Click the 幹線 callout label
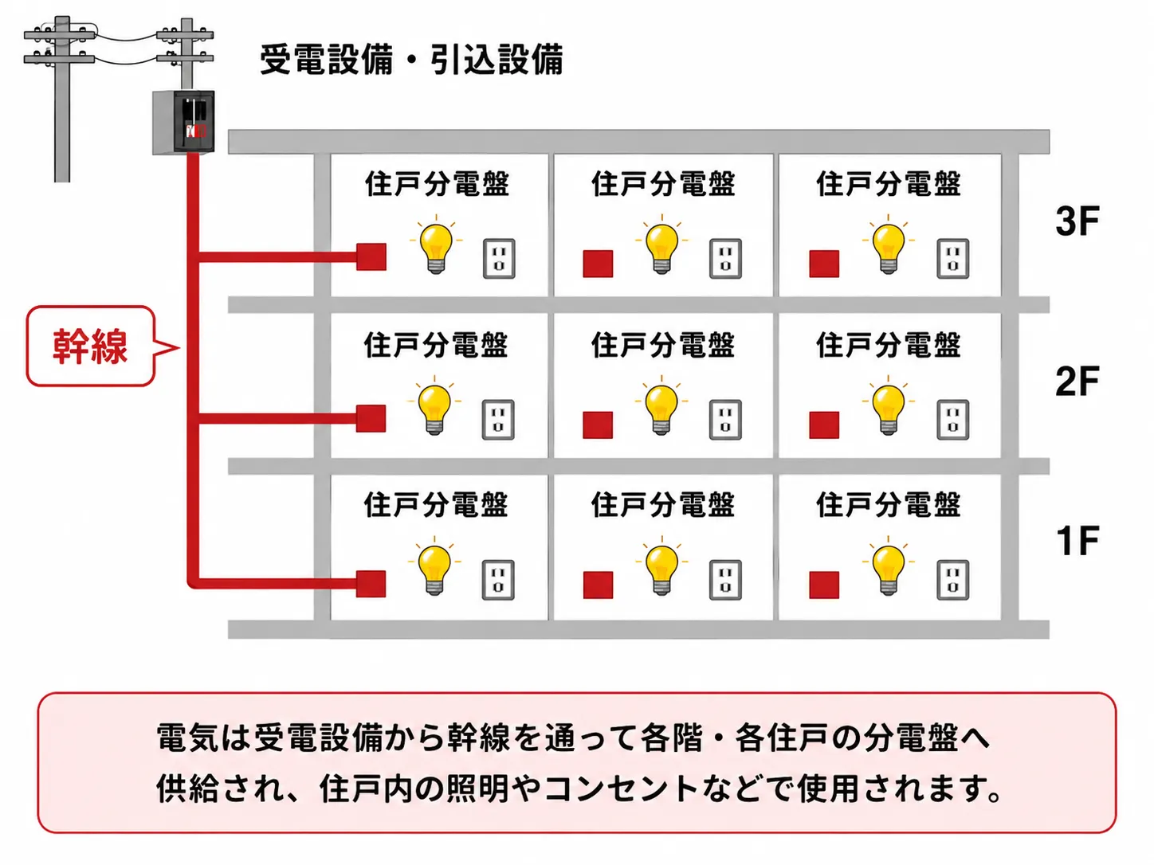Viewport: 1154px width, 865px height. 90,346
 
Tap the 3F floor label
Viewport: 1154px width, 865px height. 1077,221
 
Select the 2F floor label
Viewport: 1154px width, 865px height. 1077,382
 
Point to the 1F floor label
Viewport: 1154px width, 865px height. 1077,541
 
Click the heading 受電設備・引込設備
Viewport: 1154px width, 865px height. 411,60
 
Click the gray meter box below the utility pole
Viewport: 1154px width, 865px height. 183,123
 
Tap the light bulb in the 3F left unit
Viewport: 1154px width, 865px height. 436,245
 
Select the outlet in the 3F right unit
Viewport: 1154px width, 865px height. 952,258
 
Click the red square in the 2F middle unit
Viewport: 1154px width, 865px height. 598,425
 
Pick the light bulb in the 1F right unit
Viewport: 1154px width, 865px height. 889,566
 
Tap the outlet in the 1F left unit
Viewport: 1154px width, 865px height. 498,581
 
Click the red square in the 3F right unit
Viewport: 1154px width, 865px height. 824,263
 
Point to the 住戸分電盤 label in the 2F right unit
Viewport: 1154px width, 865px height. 888,345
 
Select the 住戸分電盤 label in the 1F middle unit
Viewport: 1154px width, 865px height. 662,505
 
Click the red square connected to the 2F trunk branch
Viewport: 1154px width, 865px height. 371,419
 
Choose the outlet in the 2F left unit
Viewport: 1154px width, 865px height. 498,420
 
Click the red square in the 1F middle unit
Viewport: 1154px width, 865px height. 599,585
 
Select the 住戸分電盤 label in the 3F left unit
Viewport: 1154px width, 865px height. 437,184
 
